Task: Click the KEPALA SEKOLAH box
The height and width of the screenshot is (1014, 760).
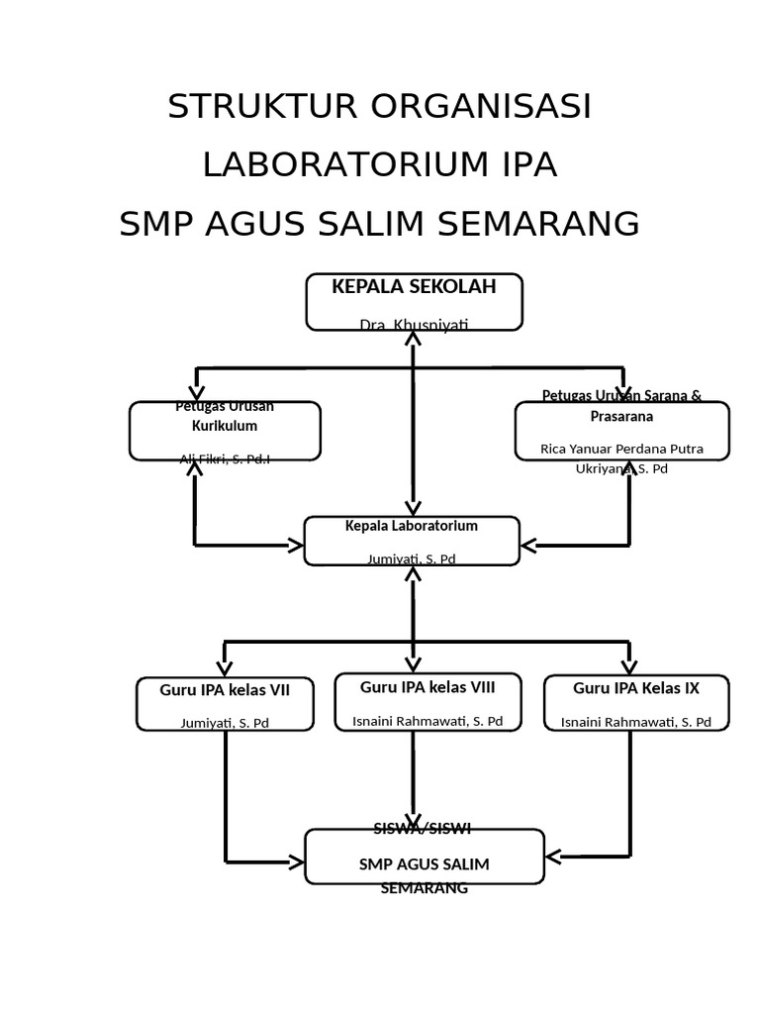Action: tap(414, 301)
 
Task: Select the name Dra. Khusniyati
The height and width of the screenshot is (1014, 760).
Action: tap(414, 325)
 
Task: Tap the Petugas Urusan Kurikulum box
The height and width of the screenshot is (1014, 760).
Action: tap(225, 431)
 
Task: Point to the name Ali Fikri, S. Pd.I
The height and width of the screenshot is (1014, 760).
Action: tap(225, 458)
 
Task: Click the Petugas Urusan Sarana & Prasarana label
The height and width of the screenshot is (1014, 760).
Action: tap(621, 406)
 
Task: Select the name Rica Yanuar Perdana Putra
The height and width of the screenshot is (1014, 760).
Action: tap(621, 449)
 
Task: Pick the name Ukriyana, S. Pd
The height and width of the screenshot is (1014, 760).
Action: tap(621, 468)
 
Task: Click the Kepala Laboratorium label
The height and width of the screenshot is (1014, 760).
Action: tap(412, 526)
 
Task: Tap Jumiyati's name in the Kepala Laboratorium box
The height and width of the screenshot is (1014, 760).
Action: tap(412, 558)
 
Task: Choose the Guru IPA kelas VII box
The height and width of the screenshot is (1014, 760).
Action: tap(225, 703)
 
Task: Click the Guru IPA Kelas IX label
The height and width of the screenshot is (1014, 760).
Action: tap(636, 688)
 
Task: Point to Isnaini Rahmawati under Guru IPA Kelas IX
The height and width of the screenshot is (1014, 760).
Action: tap(636, 722)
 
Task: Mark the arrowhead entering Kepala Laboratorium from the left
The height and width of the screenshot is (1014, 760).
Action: tap(295, 545)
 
